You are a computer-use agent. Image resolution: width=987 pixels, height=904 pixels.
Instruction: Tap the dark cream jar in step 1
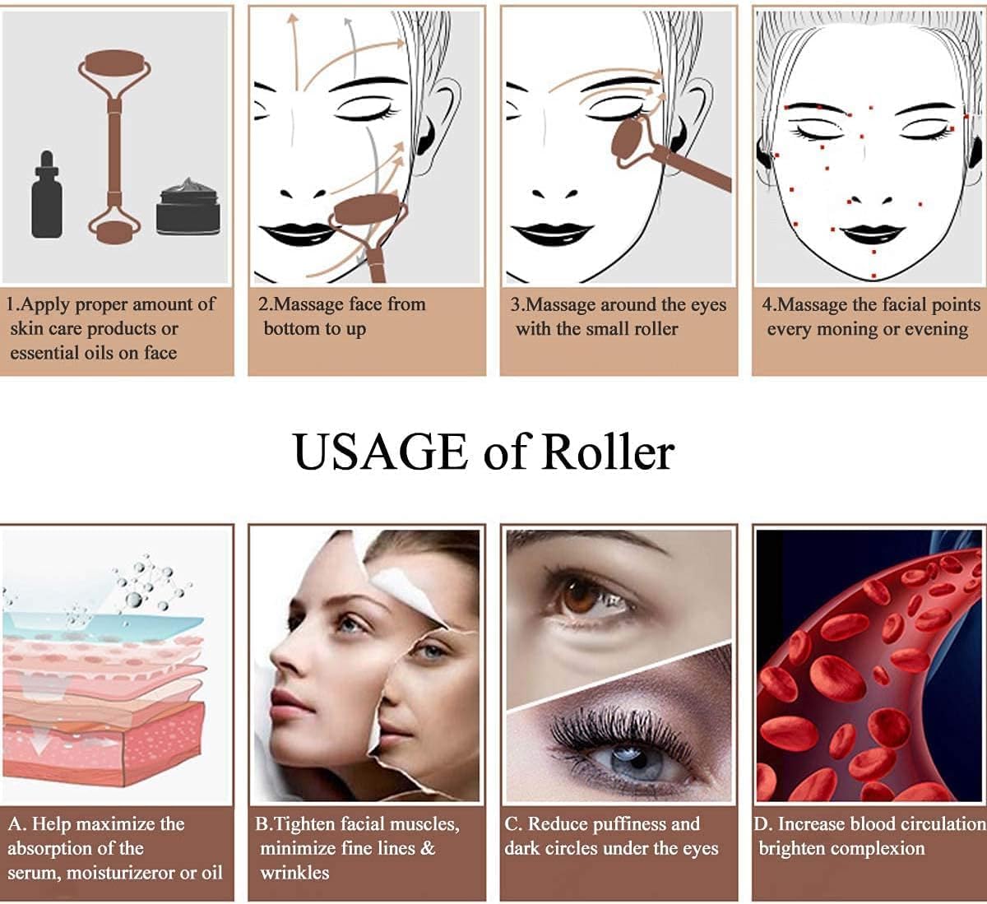point(188,207)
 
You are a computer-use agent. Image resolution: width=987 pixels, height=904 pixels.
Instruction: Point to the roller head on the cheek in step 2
point(368,211)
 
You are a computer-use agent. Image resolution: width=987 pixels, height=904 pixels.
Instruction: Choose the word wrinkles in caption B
point(294,873)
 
